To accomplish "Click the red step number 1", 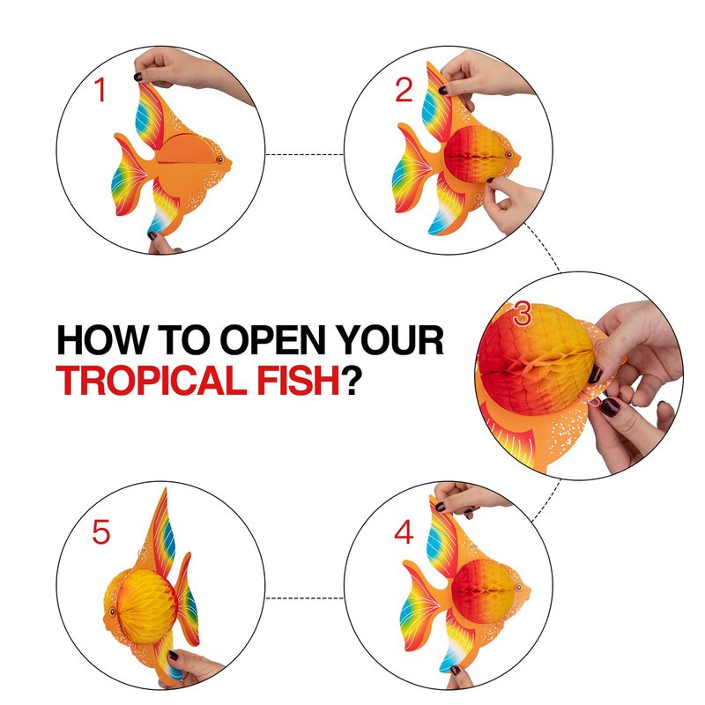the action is click(100, 90).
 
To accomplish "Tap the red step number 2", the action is click(404, 90).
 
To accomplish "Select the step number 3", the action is click(522, 314).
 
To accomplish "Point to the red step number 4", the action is click(404, 532).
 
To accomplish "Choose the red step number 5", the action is click(101, 532).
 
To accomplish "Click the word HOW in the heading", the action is click(102, 340).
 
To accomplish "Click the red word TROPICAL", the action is click(152, 381).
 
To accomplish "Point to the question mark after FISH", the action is click(351, 381).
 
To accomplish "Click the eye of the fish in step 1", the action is click(219, 160).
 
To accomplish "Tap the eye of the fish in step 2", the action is click(508, 155).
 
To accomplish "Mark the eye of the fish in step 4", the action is click(518, 587).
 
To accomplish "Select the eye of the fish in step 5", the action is click(112, 612).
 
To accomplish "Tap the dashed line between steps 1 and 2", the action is click(304, 155).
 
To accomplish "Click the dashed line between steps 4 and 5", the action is click(304, 598).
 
